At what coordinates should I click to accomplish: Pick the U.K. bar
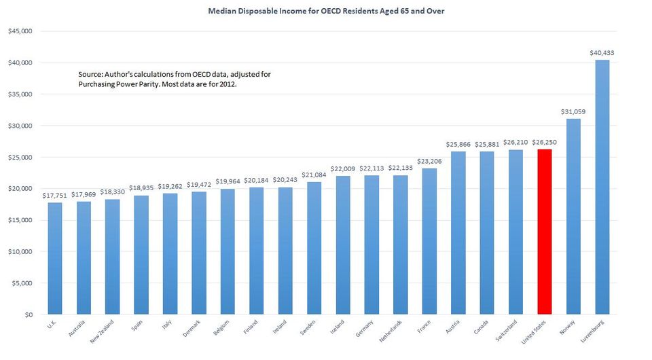tap(54, 259)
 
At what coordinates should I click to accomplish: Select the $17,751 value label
tap(54, 195)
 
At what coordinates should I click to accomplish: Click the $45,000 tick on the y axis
tap(20, 31)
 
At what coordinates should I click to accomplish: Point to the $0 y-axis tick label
tap(28, 315)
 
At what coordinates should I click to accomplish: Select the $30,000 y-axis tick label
tap(20, 126)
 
